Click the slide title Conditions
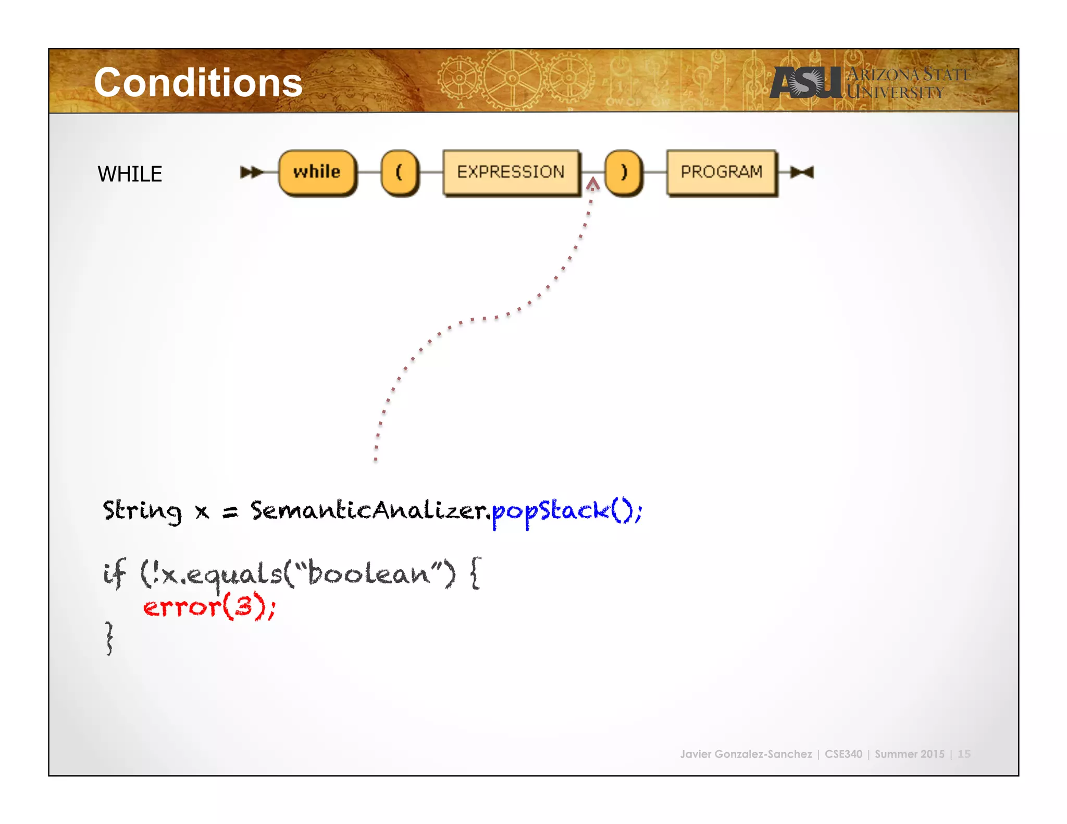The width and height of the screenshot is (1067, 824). coord(198,83)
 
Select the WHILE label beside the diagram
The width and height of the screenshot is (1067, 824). coord(130,174)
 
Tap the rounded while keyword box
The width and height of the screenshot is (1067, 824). coord(317,172)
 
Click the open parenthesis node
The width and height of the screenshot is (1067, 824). coord(399,172)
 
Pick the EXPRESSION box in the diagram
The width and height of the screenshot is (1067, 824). coord(511,172)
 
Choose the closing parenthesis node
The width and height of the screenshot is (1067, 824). coord(623,172)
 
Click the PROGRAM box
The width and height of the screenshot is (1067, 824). coord(721,172)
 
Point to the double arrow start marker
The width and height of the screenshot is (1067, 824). coord(251,172)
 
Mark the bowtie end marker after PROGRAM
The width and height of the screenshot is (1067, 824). coord(802,172)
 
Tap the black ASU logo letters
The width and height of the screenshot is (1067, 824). coord(805,83)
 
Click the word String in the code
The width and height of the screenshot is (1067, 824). coord(142,510)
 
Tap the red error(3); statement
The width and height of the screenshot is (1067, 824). coord(209,607)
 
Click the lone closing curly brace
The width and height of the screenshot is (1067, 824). coord(109,638)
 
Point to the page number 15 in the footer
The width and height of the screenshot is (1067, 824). coord(964,754)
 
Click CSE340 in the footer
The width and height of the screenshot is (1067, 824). coord(843,754)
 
